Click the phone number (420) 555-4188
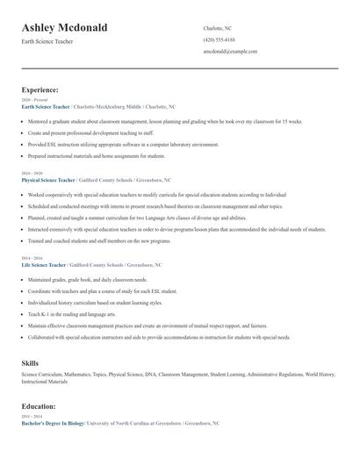point(219,39)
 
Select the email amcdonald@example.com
point(230,52)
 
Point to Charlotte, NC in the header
point(218,28)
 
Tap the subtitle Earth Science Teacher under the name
point(49,41)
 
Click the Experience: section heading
point(40,89)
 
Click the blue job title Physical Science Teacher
point(48,180)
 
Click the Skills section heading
point(30,362)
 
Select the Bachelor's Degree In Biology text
point(53,423)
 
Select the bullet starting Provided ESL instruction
point(123,144)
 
